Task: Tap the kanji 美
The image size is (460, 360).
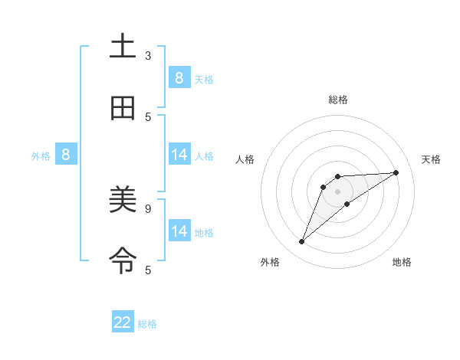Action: click(123, 201)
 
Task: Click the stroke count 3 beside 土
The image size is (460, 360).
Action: click(148, 56)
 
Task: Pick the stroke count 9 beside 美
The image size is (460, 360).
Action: click(148, 208)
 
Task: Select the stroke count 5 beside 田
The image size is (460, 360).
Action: click(148, 116)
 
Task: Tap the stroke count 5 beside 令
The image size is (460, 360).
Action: click(148, 270)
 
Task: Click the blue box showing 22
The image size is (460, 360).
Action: click(123, 322)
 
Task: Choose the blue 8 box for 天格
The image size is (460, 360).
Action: click(179, 77)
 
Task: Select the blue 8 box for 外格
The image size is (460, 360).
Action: click(66, 155)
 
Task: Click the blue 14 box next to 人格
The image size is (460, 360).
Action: click(179, 155)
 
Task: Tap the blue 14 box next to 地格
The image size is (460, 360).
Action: click(179, 231)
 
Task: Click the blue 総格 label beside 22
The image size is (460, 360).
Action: click(147, 323)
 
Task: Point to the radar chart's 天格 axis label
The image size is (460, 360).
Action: click(432, 159)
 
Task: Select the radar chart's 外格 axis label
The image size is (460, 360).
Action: click(270, 262)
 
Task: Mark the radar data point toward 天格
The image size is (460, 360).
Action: click(396, 172)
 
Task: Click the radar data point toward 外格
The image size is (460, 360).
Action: click(301, 242)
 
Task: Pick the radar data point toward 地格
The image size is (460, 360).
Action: click(347, 203)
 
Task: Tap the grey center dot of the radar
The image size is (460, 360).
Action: click(337, 191)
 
